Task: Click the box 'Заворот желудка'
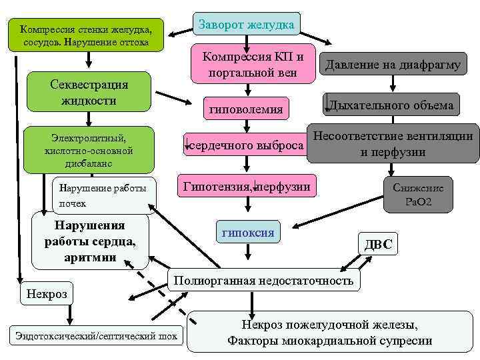pos(247,25)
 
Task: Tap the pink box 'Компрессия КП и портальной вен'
pos(253,64)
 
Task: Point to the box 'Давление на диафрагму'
pos(393,65)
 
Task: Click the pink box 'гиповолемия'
pos(246,108)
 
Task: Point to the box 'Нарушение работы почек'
pos(103,193)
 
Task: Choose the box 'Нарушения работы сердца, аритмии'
pos(89,239)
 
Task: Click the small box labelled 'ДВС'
pos(378,244)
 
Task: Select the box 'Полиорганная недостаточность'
pos(263,280)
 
